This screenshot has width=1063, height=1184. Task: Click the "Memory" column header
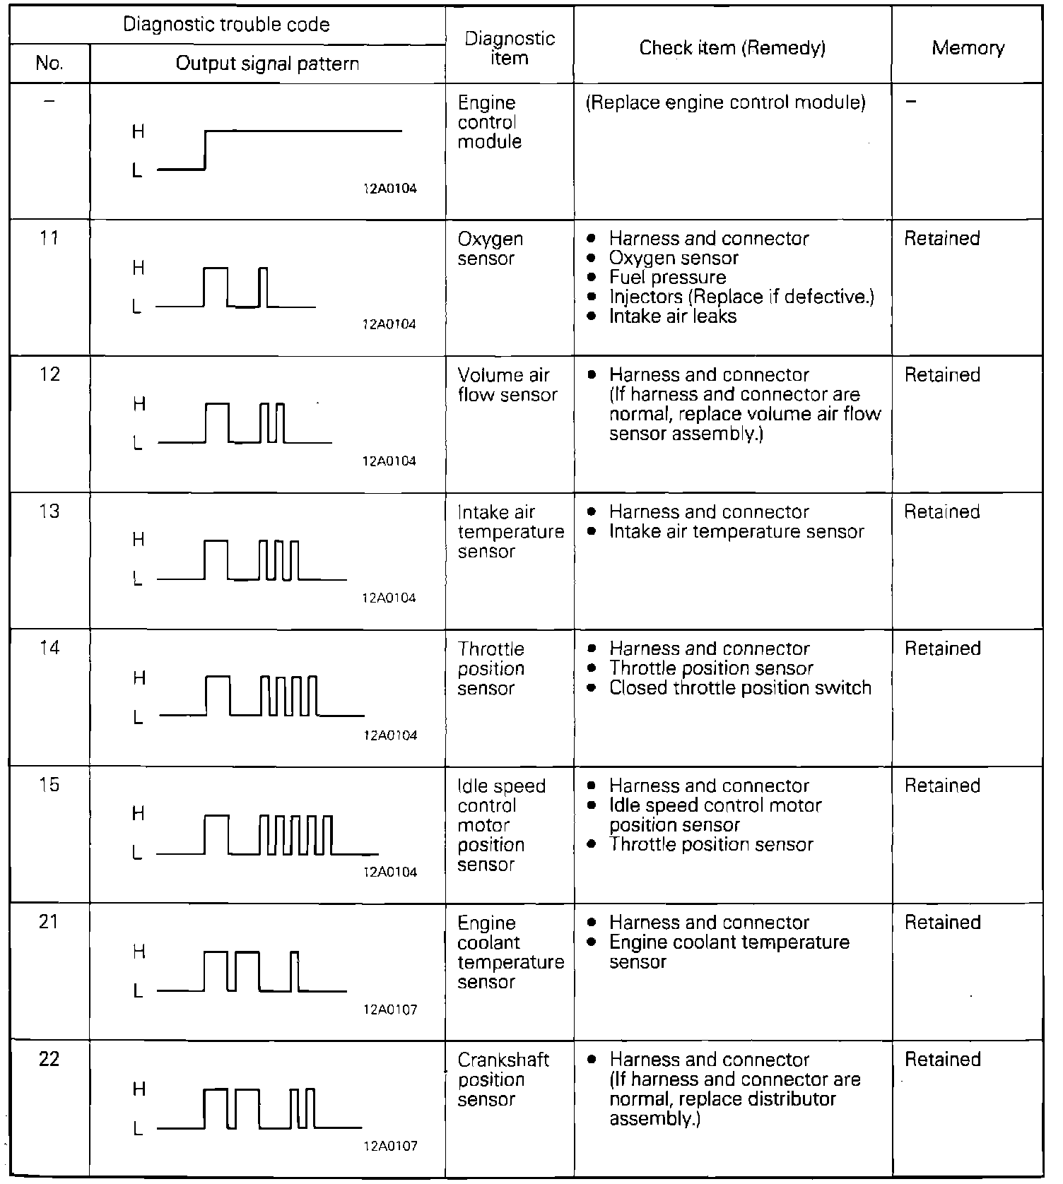tap(968, 48)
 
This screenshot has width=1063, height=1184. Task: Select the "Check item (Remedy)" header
tap(732, 48)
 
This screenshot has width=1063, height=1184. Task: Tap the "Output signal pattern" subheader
tap(267, 64)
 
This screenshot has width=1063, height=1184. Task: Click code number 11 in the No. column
tap(49, 238)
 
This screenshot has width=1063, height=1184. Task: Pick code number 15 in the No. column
tap(49, 785)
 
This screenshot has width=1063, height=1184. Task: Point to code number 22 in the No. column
tap(49, 1059)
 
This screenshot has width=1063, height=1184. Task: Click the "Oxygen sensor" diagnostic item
tap(490, 249)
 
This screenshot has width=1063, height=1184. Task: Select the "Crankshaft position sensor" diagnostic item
tap(503, 1079)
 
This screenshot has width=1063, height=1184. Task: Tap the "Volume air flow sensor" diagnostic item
tap(507, 385)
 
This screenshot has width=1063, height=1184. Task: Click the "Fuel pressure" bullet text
tap(667, 278)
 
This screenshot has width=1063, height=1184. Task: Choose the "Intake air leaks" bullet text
tap(672, 316)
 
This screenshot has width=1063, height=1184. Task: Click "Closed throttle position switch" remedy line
tap(740, 688)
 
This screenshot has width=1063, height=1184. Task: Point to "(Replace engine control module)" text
tap(726, 103)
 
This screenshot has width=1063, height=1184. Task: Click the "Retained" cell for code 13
tap(942, 512)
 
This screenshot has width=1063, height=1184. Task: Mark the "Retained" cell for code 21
tap(942, 923)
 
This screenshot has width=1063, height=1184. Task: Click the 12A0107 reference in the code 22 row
tap(390, 1146)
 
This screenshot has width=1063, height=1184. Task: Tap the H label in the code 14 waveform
tap(139, 678)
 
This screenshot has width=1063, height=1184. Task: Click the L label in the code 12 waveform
tap(139, 444)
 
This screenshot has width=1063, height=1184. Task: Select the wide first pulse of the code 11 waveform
tap(216, 286)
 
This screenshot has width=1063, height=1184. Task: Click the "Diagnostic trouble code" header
tap(226, 25)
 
